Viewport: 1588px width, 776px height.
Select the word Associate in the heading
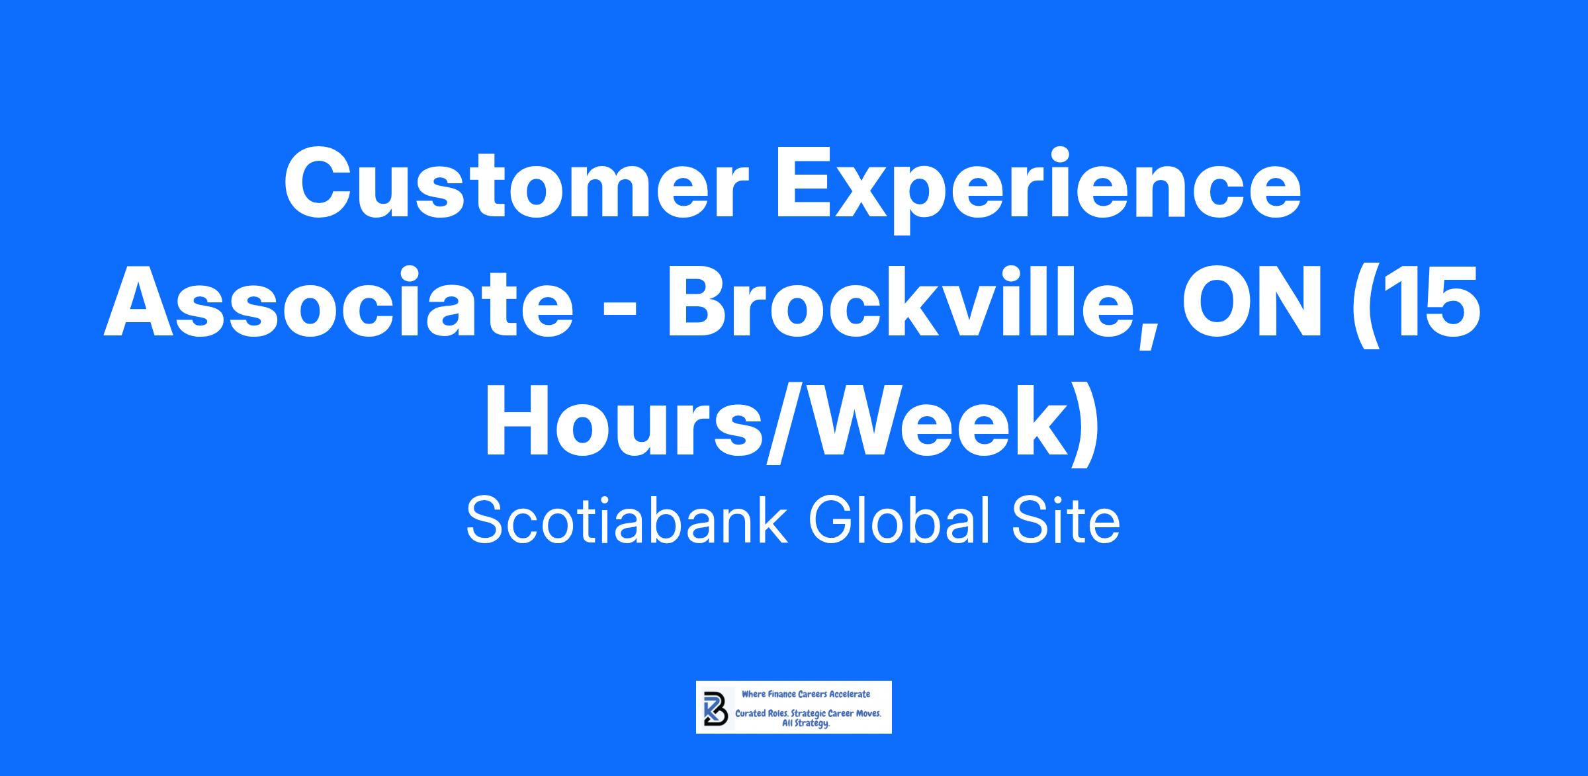pyautogui.click(x=339, y=304)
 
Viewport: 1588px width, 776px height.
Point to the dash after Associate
pyautogui.click(x=619, y=311)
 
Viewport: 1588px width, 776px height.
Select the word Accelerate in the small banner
pyautogui.click(x=850, y=695)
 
